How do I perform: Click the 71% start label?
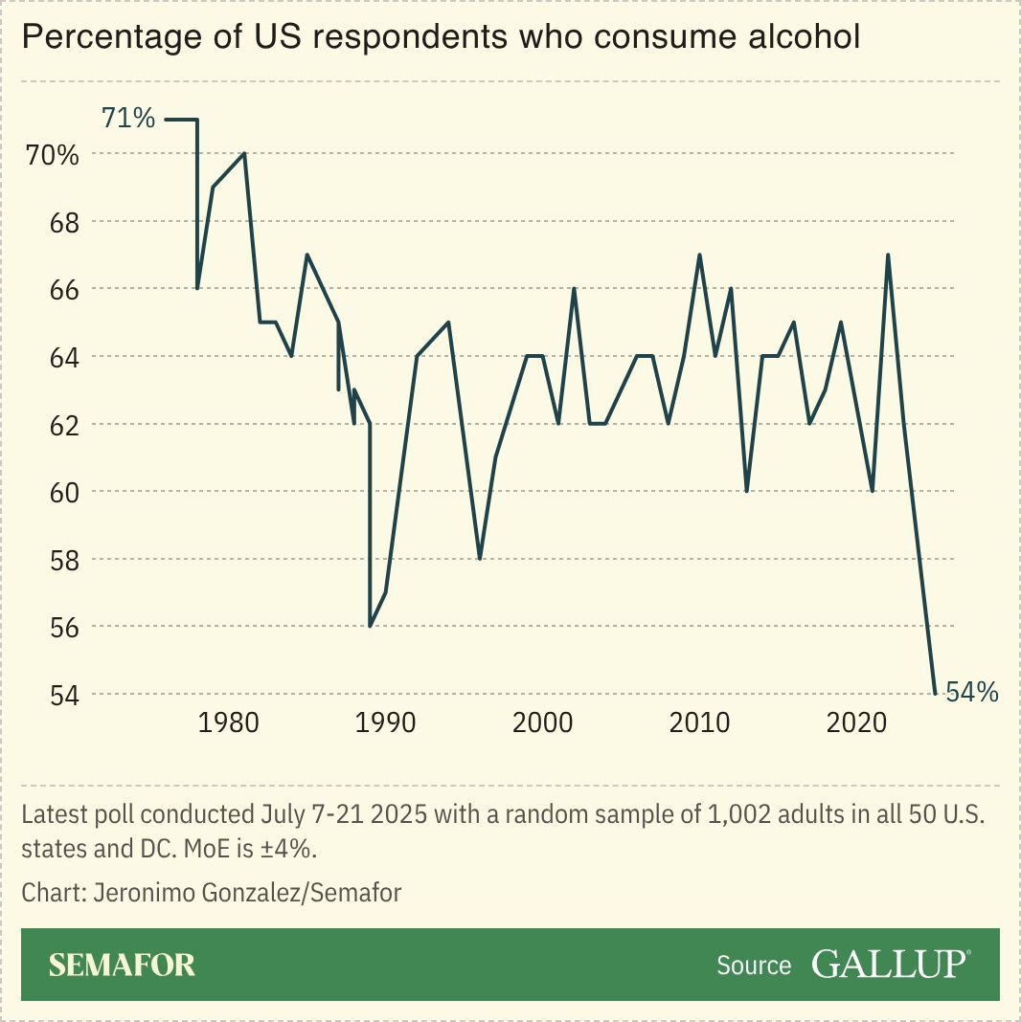click(x=128, y=119)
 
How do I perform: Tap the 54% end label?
click(x=971, y=692)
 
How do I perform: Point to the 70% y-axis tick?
click(x=52, y=154)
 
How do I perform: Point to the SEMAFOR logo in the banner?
click(x=122, y=965)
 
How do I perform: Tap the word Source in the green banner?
click(x=754, y=966)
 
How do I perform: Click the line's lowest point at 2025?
click(x=935, y=693)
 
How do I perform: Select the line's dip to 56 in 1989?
click(x=371, y=626)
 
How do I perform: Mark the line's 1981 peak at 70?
click(x=245, y=154)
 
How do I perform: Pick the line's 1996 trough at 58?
click(x=480, y=558)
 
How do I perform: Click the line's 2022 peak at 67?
click(x=888, y=255)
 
